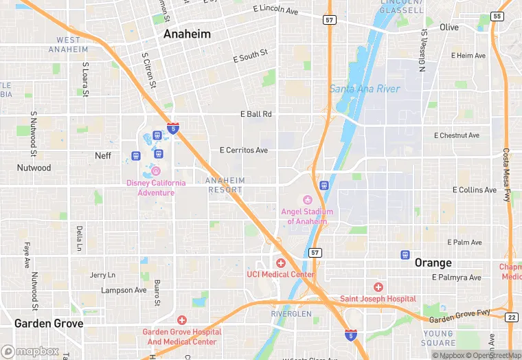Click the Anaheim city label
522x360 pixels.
[x=187, y=34]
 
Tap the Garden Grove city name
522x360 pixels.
[x=49, y=324]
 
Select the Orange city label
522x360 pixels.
[x=433, y=263]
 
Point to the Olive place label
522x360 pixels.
[x=449, y=27]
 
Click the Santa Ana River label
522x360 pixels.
[x=364, y=89]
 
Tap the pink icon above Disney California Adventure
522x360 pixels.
[x=156, y=171]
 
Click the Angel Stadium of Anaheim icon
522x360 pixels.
[x=307, y=200]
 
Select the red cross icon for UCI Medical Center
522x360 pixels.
[x=280, y=263]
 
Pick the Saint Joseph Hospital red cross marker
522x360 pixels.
[x=378, y=287]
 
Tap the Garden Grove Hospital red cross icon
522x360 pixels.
[x=181, y=320]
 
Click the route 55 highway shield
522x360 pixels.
[x=497, y=16]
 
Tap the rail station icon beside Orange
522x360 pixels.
[x=405, y=255]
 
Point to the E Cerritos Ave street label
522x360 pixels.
[x=243, y=150]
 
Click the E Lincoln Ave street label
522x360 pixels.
[x=275, y=10]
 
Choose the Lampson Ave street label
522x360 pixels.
[x=124, y=291]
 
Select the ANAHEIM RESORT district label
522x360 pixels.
[x=225, y=185]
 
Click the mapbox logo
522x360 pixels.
[x=30, y=351]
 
